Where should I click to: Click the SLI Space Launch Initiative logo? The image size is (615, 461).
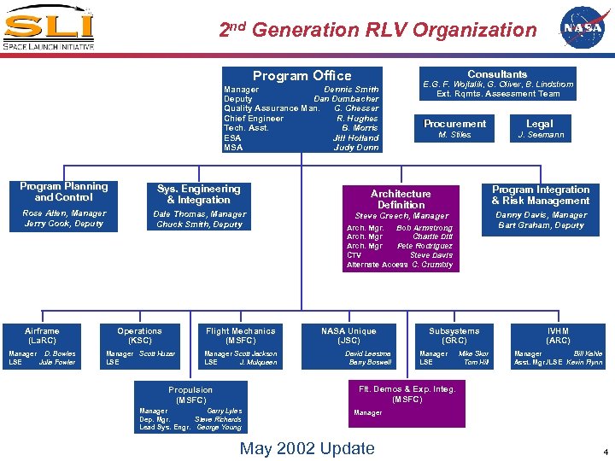pos(48,28)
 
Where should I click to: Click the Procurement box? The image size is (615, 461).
pos(454,128)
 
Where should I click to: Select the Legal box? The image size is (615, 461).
pos(540,128)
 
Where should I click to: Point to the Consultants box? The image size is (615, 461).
pos(497,84)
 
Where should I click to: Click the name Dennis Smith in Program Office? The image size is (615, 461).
pos(351,90)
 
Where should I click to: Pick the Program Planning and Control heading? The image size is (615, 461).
pos(64,191)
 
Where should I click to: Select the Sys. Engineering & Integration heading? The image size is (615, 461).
pos(198,194)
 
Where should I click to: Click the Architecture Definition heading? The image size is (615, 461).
pos(401,199)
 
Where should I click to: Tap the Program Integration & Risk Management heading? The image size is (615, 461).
pos(541,195)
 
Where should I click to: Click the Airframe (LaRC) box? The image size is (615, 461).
pos(43,346)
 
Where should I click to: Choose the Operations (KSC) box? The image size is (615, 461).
pos(139,346)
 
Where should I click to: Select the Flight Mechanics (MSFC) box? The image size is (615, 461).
pos(241,346)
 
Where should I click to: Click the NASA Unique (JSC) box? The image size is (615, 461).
pos(348,346)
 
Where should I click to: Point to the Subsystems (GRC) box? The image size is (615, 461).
pos(454,346)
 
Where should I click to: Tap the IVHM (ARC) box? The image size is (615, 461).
pos(558,346)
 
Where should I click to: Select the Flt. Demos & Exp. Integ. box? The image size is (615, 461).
pos(407,400)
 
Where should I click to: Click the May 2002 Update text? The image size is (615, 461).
pos(307,448)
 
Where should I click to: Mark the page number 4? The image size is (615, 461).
pos(605,452)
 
